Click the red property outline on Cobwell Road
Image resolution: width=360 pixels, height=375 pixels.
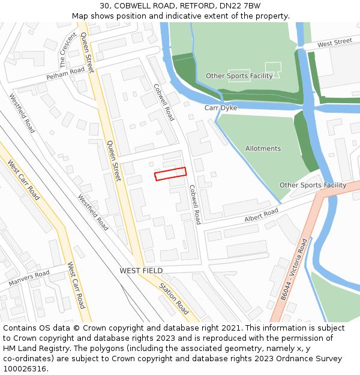[x=170, y=174]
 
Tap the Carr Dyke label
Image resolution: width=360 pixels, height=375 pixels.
[x=221, y=108]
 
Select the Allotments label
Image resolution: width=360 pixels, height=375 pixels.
[x=263, y=148]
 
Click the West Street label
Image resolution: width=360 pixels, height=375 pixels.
[x=335, y=43]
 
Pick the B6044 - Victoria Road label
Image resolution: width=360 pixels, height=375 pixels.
[x=295, y=269]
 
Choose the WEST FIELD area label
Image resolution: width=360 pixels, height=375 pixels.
[x=141, y=271]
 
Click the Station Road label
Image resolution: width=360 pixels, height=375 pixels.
[x=174, y=298]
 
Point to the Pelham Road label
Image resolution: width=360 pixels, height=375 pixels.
[x=65, y=74]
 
